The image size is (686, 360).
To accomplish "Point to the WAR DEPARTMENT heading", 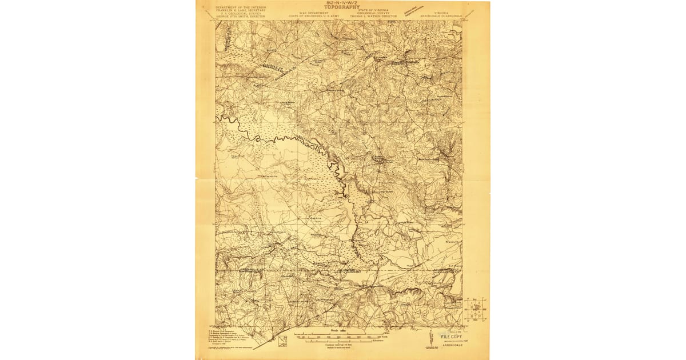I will (x=314, y=11).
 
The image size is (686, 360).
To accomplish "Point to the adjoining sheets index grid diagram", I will (x=475, y=309).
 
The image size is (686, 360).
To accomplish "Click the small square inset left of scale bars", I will (x=282, y=341).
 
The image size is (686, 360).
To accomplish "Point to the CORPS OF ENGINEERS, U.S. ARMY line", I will (x=314, y=16).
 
